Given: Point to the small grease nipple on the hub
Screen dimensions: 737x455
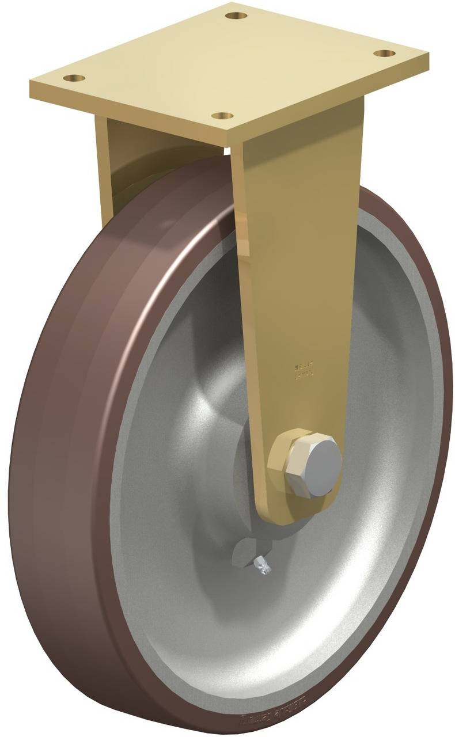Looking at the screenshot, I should (261, 565).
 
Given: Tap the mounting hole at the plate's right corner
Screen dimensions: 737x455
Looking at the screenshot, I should (382, 54).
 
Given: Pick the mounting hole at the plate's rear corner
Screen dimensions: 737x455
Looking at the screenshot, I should (233, 15).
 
